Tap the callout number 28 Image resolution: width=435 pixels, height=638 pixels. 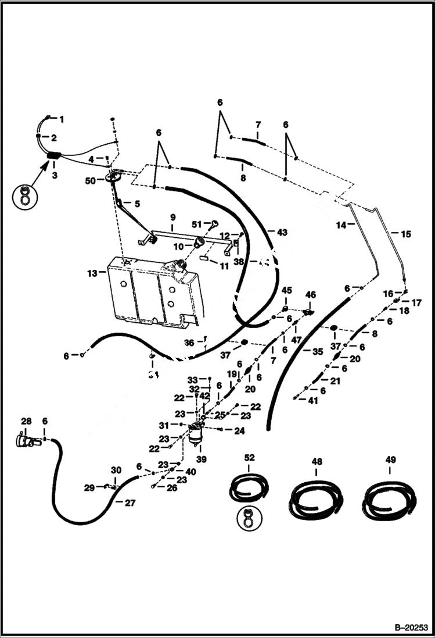tap(27, 421)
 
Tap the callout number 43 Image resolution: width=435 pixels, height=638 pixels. tap(282, 233)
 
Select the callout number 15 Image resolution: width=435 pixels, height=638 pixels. tap(405, 234)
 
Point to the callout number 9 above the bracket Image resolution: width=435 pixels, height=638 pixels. tap(172, 217)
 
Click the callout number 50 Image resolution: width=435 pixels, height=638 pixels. tap(90, 181)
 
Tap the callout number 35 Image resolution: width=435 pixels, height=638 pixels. tap(317, 351)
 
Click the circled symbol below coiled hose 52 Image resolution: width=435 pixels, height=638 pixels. tap(249, 518)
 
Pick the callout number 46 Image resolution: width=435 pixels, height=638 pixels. tap(311, 295)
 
